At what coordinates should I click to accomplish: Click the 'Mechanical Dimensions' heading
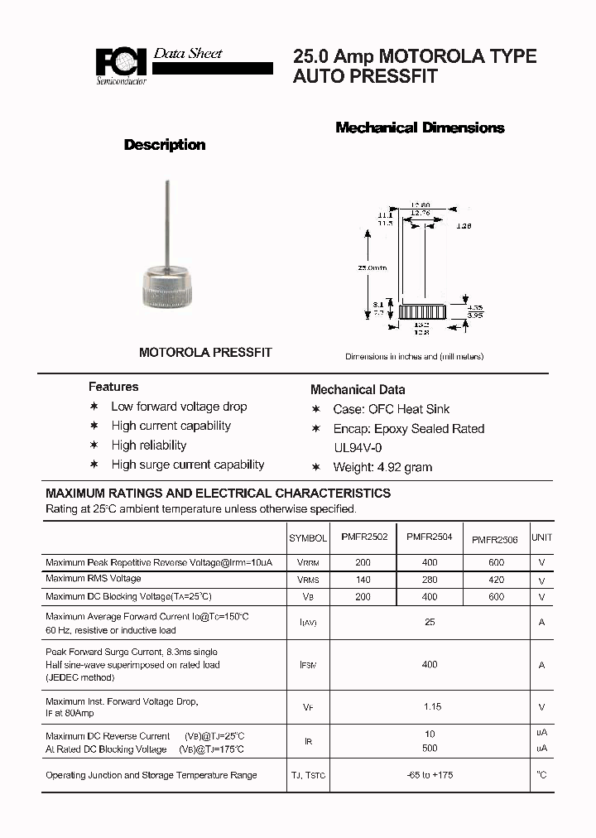pyautogui.click(x=420, y=128)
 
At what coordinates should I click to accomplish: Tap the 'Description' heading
pyautogui.click(x=165, y=145)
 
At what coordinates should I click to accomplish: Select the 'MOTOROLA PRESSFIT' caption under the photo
pyautogui.click(x=205, y=352)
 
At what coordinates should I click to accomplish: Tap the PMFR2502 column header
pyautogui.click(x=363, y=537)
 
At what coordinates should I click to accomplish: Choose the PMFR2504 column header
pyautogui.click(x=429, y=537)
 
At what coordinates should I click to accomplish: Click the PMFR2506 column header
pyautogui.click(x=494, y=540)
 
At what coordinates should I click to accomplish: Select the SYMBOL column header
pyautogui.click(x=308, y=538)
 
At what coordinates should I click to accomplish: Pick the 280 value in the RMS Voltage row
pyautogui.click(x=429, y=579)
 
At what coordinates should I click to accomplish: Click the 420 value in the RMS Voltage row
pyautogui.click(x=495, y=579)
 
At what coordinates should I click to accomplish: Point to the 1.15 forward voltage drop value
pyautogui.click(x=431, y=707)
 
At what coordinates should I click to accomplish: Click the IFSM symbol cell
pyautogui.click(x=308, y=665)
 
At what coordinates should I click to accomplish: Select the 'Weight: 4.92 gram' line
pyautogui.click(x=382, y=467)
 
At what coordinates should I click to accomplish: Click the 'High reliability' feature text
pyautogui.click(x=149, y=445)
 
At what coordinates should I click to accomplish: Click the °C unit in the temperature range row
pyautogui.click(x=541, y=775)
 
